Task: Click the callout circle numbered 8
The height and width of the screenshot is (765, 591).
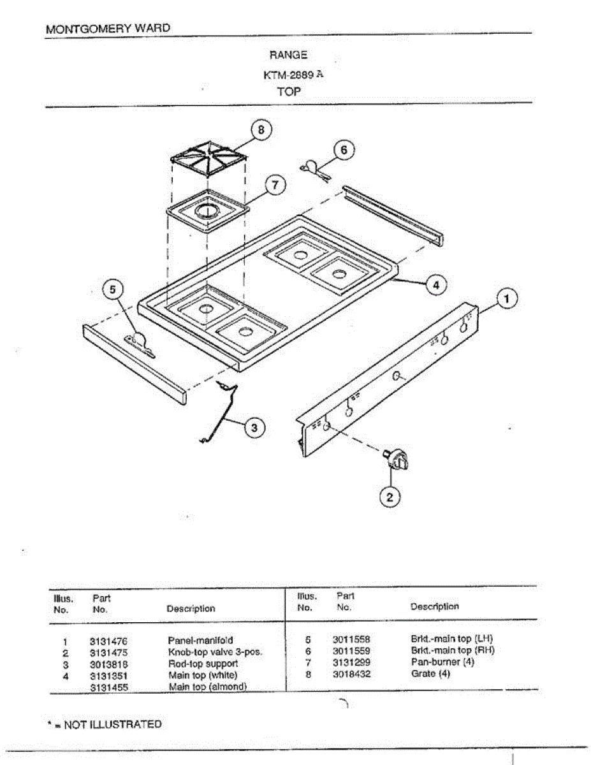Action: coord(261,129)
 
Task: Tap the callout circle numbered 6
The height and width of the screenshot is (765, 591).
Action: coord(344,150)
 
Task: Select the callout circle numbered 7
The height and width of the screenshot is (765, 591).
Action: coord(274,185)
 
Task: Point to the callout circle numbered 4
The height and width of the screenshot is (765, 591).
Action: coord(436,284)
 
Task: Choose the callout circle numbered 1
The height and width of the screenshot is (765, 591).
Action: coord(507,298)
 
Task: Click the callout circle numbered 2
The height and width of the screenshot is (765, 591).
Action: coord(390,497)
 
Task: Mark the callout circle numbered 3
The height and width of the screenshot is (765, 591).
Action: coord(254,427)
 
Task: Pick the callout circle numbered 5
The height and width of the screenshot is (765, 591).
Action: coord(113,290)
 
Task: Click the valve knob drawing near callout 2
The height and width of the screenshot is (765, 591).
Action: coord(397,459)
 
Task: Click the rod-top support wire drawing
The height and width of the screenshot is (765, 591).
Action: coord(219,411)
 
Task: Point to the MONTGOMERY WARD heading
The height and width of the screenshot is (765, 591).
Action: coord(108,29)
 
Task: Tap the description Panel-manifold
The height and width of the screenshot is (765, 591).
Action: coord(200,640)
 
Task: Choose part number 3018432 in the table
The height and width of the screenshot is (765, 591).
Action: coord(351,673)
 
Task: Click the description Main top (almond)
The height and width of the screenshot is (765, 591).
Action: coord(207,687)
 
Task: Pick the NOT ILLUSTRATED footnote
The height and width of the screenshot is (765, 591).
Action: coord(105,724)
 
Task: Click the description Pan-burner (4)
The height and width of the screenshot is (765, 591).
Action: coord(442,662)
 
